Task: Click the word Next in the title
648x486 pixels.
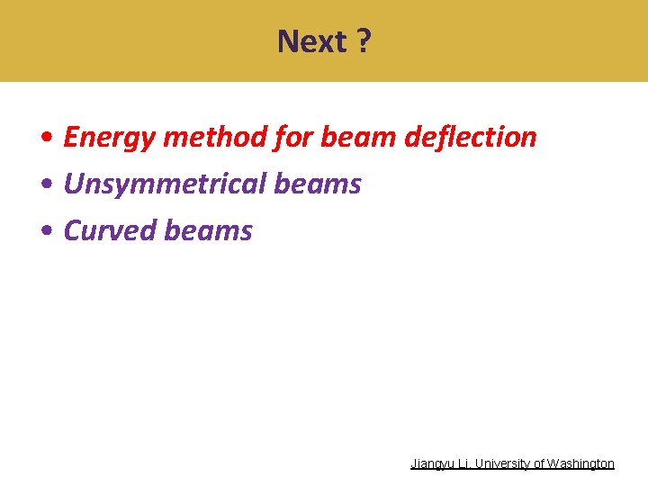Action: tap(311, 41)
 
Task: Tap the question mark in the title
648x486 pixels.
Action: tap(362, 41)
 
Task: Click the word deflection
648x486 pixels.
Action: tap(471, 137)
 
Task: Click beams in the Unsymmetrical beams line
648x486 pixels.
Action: tap(318, 184)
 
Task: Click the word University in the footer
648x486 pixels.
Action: tap(503, 463)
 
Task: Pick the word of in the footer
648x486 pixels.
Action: tap(539, 463)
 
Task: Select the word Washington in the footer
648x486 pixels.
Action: tap(580, 463)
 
